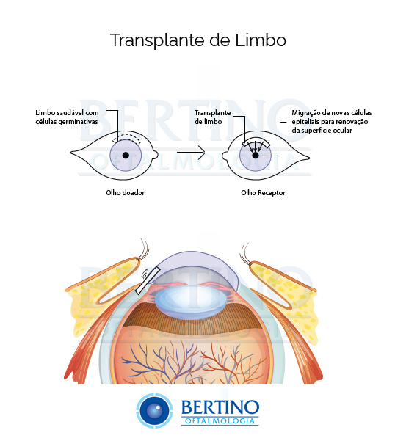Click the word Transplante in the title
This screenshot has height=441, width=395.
(x=156, y=40)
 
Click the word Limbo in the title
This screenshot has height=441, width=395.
(x=261, y=40)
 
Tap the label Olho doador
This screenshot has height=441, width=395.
(x=126, y=193)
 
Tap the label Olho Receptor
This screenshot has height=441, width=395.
(x=263, y=193)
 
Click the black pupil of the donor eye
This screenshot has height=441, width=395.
(x=126, y=156)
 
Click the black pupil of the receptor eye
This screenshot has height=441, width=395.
(x=256, y=156)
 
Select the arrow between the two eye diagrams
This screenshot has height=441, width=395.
(x=191, y=153)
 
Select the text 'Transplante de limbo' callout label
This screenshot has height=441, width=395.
(x=212, y=117)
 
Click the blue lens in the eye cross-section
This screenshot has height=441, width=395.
(x=191, y=302)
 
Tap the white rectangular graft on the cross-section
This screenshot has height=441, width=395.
(x=148, y=281)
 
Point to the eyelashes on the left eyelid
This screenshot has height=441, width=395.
(x=145, y=249)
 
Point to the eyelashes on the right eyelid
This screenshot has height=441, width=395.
(x=244, y=253)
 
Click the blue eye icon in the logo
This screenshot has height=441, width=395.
(x=154, y=411)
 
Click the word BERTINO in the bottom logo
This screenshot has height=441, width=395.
(x=220, y=407)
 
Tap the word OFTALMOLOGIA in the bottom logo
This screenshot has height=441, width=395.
(x=220, y=421)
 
